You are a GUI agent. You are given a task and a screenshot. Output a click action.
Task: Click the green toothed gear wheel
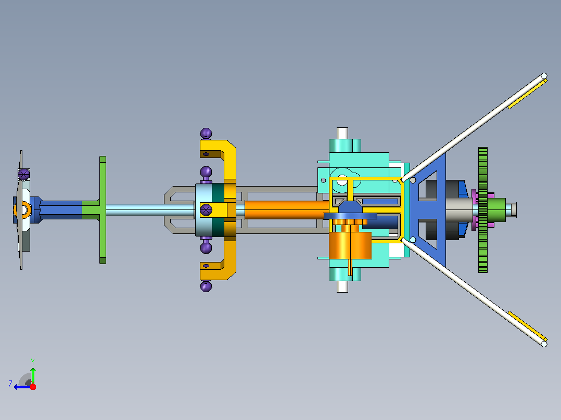(x=482, y=210)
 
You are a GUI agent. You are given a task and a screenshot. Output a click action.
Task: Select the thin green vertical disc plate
(x=103, y=210)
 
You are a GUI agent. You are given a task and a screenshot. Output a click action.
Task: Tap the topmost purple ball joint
(x=206, y=133)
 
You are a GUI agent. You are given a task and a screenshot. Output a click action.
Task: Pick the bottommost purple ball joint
(x=206, y=286)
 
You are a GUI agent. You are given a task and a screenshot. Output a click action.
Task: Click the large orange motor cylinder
(x=350, y=245)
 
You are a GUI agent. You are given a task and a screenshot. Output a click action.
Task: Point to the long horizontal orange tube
(x=287, y=210)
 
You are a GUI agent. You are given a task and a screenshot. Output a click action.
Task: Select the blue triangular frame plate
(x=428, y=210)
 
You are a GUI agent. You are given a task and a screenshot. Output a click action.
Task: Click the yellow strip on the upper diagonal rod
(x=528, y=94)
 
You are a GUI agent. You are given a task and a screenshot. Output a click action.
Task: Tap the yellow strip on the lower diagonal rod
(x=528, y=326)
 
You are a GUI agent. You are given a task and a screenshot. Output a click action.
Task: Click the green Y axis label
(x=33, y=361)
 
